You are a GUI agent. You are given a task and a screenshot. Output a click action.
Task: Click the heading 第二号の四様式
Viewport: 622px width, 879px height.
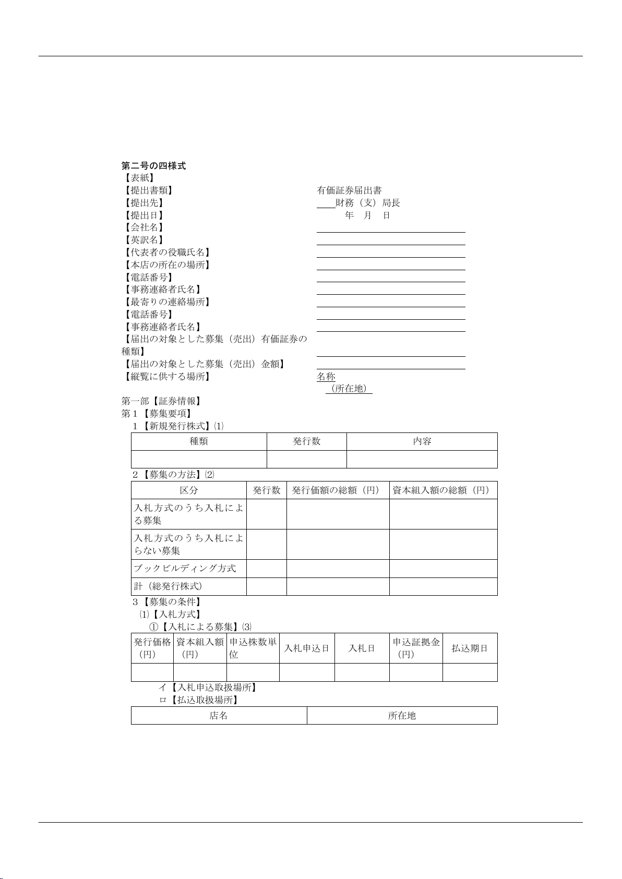[x=153, y=166]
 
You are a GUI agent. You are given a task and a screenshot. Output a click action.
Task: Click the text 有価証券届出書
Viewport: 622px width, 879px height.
[x=349, y=190]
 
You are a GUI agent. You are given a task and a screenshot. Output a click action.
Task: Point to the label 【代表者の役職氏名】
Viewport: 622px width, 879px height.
[x=166, y=252]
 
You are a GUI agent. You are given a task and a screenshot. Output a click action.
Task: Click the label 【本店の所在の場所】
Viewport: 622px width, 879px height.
[x=166, y=265]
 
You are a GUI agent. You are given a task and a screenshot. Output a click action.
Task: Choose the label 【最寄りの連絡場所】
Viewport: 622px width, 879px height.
[x=166, y=302]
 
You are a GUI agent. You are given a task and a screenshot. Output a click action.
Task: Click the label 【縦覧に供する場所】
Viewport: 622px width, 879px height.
[x=166, y=377]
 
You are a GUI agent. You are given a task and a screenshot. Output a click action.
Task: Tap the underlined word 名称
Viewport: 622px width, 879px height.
[x=326, y=377]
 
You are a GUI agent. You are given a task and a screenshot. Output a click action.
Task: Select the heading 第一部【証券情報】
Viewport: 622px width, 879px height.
[x=162, y=401]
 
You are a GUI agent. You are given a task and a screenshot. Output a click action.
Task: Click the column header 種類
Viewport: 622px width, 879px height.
[x=199, y=441]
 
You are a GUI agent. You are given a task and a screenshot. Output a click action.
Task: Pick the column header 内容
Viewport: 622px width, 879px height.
[x=422, y=441]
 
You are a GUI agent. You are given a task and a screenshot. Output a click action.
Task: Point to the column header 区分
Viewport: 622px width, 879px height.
[x=189, y=490]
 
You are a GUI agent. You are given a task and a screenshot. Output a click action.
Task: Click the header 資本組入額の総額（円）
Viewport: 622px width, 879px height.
[x=443, y=490]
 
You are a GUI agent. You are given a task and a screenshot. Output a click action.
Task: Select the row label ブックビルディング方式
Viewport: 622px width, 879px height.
[x=185, y=569]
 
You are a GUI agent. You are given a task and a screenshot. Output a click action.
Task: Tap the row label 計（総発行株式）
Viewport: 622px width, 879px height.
[x=168, y=586]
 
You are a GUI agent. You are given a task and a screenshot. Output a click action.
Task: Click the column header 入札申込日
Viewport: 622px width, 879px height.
[x=307, y=648]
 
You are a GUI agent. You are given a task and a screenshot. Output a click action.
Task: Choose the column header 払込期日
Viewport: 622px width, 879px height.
[x=470, y=648]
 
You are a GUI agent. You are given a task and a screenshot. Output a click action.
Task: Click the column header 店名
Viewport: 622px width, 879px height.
[x=219, y=716]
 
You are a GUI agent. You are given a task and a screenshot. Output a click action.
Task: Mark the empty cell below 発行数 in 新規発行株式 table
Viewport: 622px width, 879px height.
[x=307, y=460]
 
